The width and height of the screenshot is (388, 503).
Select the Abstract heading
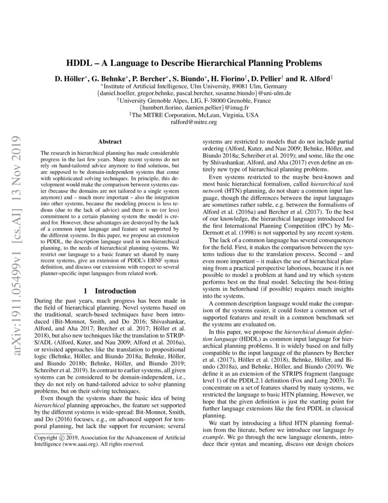(x=109, y=142)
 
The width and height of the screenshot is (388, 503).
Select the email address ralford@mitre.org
(x=194, y=123)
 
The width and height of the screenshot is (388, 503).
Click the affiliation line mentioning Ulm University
(x=194, y=86)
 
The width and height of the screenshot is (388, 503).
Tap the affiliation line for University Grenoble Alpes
(x=194, y=101)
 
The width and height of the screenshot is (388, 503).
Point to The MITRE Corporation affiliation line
(x=194, y=115)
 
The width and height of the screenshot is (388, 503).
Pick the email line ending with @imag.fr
(x=194, y=108)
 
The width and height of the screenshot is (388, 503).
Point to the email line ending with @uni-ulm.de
(x=194, y=93)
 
